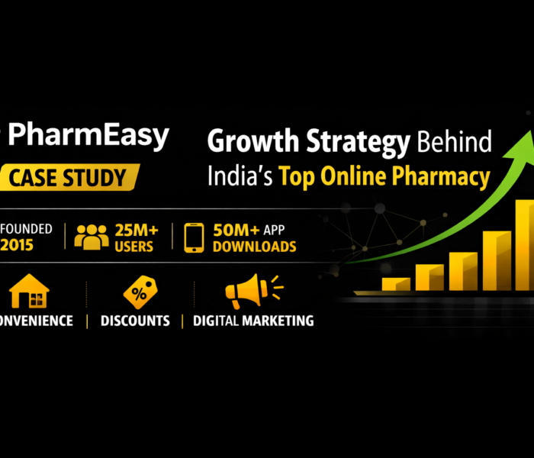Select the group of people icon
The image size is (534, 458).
[92, 237]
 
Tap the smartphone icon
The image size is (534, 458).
[194, 237]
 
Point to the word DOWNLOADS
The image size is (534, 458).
[255, 247]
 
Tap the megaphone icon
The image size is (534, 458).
[250, 292]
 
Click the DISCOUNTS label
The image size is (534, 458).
[135, 321]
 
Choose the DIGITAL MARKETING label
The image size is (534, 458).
[253, 321]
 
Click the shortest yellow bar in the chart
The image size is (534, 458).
[396, 284]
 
